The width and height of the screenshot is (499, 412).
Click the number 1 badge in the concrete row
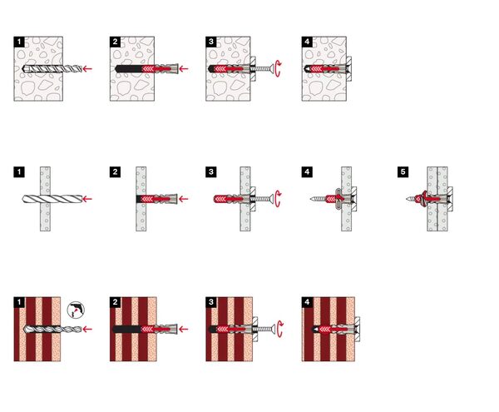[19, 42]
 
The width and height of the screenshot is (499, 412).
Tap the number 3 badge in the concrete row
[211, 42]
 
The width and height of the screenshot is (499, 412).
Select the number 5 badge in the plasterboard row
[403, 172]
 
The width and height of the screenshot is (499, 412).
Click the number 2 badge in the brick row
[116, 302]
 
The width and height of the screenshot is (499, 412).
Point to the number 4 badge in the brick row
[307, 302]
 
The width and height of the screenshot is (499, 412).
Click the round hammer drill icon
[76, 310]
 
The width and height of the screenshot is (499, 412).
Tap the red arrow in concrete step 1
[87, 68]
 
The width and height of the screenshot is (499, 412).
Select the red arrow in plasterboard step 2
[183, 199]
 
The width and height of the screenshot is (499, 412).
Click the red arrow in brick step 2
[183, 330]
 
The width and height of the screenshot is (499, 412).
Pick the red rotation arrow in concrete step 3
[278, 68]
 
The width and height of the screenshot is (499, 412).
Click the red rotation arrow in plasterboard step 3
[278, 199]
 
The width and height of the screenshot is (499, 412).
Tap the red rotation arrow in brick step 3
[279, 330]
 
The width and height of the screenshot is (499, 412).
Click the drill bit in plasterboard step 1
[52, 199]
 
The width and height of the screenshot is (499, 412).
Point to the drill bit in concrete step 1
[52, 68]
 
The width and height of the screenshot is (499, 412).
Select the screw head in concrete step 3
[271, 68]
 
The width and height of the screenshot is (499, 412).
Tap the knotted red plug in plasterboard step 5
[423, 199]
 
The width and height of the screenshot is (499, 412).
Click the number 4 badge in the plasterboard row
[307, 172]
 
